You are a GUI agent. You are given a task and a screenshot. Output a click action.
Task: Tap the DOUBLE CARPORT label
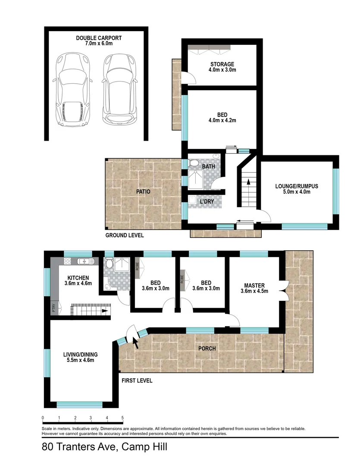pos(99,38)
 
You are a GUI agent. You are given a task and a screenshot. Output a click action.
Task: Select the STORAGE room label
pos(222,64)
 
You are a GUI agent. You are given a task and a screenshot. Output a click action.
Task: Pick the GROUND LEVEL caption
pos(125,236)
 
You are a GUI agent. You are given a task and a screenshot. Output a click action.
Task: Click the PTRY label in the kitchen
pos(54,308)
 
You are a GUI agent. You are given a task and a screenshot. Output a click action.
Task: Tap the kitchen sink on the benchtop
pos(85,261)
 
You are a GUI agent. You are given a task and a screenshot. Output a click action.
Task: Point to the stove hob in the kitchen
pos(67,261)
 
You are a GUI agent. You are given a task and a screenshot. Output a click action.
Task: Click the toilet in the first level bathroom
pos(110,263)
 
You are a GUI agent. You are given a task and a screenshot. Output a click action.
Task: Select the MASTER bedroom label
pos(254,285)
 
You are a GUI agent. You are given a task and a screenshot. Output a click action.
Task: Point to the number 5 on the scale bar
pos(123,418)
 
